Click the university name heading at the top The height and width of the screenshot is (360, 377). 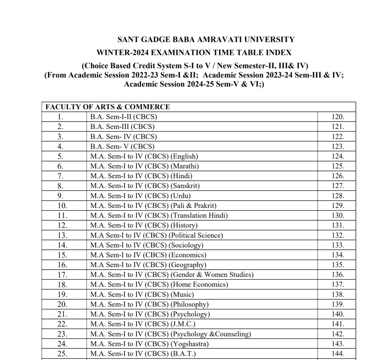(206, 39)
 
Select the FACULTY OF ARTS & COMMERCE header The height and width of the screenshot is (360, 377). (108, 107)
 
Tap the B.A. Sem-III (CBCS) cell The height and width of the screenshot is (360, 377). (122, 127)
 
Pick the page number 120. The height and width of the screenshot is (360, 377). (338, 117)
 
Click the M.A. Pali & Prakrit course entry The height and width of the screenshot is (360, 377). (153, 206)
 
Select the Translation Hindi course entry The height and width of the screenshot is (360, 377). (159, 216)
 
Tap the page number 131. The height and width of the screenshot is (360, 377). (338, 225)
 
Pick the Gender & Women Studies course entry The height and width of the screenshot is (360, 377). (172, 275)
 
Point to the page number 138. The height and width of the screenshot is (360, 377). (338, 294)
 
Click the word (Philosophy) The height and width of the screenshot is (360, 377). (189, 304)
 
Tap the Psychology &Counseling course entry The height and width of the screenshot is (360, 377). (170, 334)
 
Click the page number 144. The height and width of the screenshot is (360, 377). (338, 354)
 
